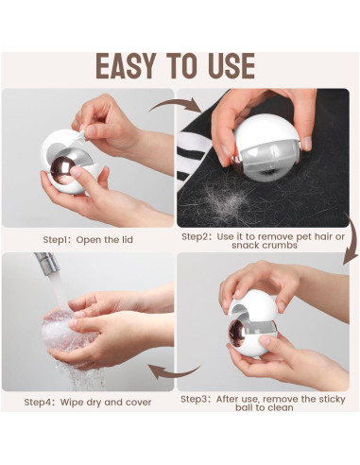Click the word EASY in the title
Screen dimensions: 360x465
click(x=126, y=66)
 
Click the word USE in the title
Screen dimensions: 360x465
click(x=231, y=66)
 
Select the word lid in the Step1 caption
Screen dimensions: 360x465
click(x=128, y=239)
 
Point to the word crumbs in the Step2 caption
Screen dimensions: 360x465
click(x=280, y=245)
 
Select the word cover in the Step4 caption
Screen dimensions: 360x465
click(x=138, y=403)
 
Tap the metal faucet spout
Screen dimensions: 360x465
click(x=47, y=262)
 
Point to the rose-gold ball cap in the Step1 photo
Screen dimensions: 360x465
click(x=63, y=169)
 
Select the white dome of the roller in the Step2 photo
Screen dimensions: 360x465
click(x=266, y=130)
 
